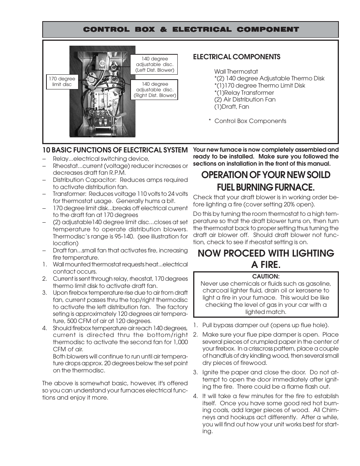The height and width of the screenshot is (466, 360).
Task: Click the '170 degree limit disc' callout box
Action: click(x=62, y=82)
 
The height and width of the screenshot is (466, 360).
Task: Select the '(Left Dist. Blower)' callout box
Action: click(x=155, y=65)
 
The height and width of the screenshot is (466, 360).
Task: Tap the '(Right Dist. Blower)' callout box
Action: click(x=155, y=90)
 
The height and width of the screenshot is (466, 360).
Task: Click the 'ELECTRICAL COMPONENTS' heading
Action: click(x=237, y=57)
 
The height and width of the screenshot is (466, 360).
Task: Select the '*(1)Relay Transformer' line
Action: click(x=244, y=92)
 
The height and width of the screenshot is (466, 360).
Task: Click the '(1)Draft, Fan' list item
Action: click(x=231, y=106)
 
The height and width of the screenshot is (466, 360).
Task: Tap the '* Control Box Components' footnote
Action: click(x=248, y=121)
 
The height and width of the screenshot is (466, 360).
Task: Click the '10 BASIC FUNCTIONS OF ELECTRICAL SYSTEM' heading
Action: click(x=115, y=150)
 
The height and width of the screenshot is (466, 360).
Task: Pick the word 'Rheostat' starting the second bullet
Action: click(x=65, y=166)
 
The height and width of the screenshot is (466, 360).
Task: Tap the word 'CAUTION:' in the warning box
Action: click(x=266, y=276)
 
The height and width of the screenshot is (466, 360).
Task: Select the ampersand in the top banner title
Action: click(x=163, y=29)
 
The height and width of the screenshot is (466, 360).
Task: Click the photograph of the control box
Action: click(x=102, y=91)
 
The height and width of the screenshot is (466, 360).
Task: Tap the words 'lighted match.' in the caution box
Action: click(x=266, y=312)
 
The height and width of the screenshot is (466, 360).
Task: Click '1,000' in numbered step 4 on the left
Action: click(x=179, y=342)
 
